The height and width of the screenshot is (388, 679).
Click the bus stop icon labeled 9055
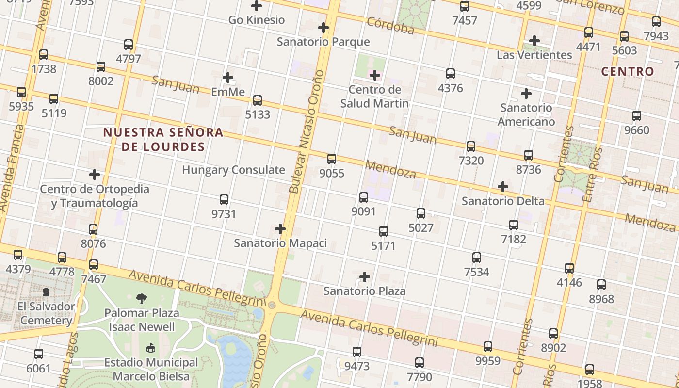pyautogui.click(x=332, y=159)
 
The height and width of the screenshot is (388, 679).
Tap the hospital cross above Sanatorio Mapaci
pyautogui.click(x=280, y=229)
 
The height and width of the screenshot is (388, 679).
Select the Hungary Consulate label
pyautogui.click(x=233, y=170)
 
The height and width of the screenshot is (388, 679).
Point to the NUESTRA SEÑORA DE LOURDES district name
pyautogui.click(x=163, y=139)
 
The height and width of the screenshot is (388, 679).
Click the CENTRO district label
pyautogui.click(x=628, y=71)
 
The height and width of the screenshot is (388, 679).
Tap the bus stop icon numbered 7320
pyautogui.click(x=470, y=146)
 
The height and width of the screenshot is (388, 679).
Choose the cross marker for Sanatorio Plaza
pyautogui.click(x=364, y=277)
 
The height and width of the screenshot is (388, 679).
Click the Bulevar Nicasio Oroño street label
pyautogui.click(x=306, y=132)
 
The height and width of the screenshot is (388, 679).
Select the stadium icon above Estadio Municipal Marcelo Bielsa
pyautogui.click(x=151, y=348)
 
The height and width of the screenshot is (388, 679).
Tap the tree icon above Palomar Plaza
pyautogui.click(x=142, y=298)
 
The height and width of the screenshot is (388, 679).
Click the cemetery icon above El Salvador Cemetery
pyautogui.click(x=46, y=292)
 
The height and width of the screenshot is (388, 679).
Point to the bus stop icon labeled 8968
pyautogui.click(x=601, y=285)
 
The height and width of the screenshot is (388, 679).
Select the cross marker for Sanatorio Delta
pyautogui.click(x=503, y=187)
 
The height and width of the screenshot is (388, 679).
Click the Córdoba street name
pyautogui.click(x=390, y=26)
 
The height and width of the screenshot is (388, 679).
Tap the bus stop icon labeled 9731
pyautogui.click(x=224, y=199)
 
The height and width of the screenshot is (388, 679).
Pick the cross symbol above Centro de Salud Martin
pyautogui.click(x=374, y=75)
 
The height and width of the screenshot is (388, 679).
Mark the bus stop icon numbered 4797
pyautogui.click(x=129, y=45)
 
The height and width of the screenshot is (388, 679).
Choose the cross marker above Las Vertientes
pyautogui.click(x=534, y=41)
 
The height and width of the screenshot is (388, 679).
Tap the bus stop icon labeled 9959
pyautogui.click(x=488, y=347)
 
